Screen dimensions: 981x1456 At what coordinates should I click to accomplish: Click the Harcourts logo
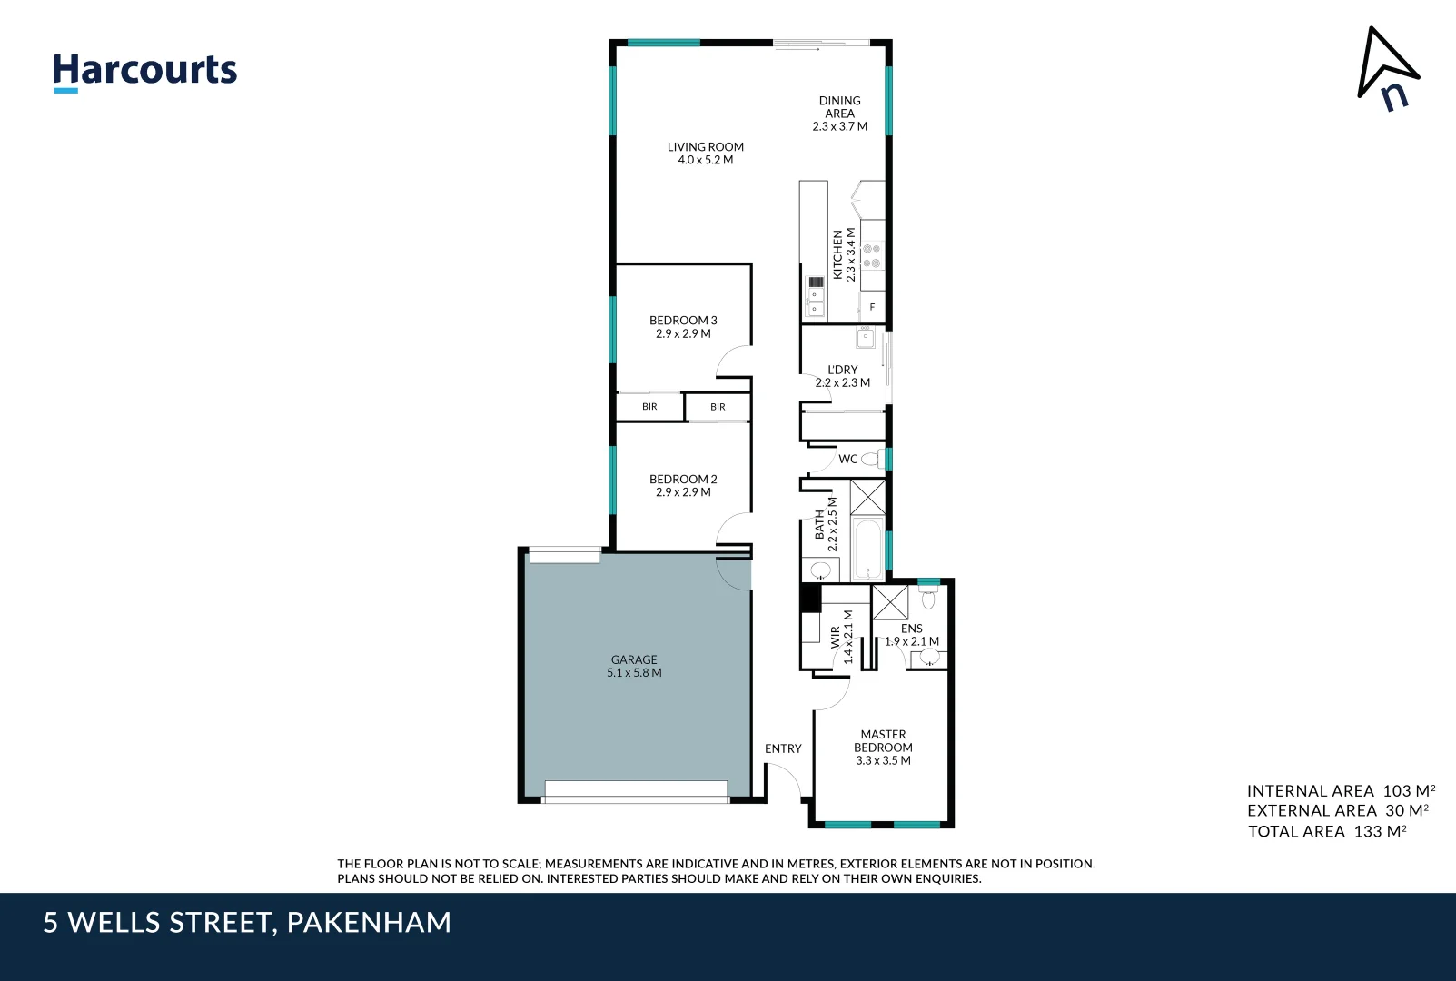click(144, 71)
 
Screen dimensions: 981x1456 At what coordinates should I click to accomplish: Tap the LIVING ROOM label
click(705, 147)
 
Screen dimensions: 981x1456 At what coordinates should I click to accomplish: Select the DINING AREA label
click(839, 107)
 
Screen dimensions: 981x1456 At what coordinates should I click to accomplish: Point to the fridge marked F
click(872, 307)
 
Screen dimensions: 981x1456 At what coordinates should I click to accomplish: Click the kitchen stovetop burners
click(872, 255)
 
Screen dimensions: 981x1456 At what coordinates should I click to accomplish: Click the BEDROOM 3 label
click(683, 321)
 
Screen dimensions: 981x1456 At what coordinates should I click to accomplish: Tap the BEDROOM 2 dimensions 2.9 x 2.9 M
click(683, 492)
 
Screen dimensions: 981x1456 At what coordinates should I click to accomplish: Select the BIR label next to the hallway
click(718, 407)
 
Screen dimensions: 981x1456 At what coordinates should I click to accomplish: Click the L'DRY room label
click(842, 370)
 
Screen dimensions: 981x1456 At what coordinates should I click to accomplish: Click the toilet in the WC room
click(872, 459)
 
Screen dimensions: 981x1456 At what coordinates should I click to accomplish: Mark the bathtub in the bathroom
click(868, 549)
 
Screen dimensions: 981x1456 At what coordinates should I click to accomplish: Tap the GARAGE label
click(634, 660)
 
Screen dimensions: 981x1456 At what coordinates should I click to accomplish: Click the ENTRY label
click(783, 749)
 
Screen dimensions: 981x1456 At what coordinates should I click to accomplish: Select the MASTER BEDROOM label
click(883, 741)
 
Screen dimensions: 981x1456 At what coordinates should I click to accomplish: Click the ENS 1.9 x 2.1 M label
click(912, 635)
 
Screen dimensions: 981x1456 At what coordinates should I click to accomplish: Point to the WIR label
click(836, 637)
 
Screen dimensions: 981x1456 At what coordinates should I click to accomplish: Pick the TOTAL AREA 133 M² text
click(1327, 831)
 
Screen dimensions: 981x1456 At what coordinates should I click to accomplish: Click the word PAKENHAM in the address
click(369, 923)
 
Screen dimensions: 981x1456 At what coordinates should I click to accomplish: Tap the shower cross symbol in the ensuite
click(890, 602)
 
